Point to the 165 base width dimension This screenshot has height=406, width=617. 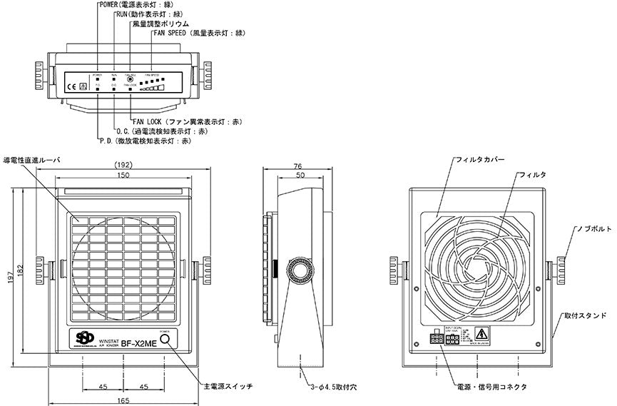coord(124,401)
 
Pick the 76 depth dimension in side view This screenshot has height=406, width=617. coord(298,166)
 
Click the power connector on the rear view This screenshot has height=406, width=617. coord(435,338)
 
